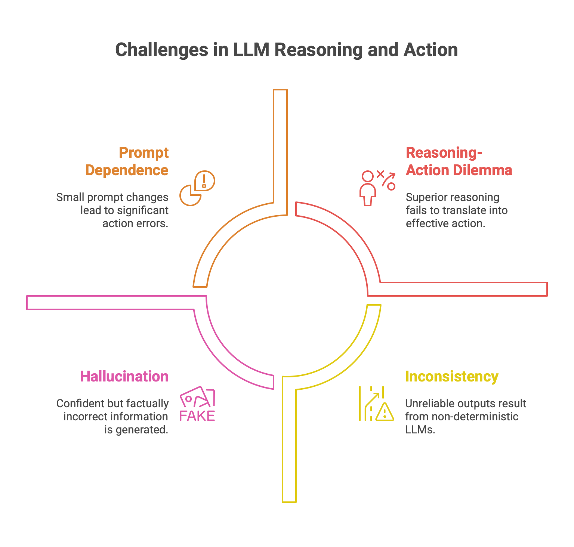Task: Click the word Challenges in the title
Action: [x=161, y=50]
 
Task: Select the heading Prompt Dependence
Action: [x=127, y=161]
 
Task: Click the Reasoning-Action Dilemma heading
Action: [x=459, y=161]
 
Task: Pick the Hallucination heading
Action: [x=124, y=376]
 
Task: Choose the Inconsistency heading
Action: [x=451, y=376]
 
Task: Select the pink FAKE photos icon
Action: [x=197, y=404]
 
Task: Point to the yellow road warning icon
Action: [x=376, y=404]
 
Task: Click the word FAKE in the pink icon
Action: [x=197, y=415]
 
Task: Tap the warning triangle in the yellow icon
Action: [x=385, y=412]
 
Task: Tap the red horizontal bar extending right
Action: [x=463, y=289]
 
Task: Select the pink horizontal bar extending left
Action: [x=112, y=303]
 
